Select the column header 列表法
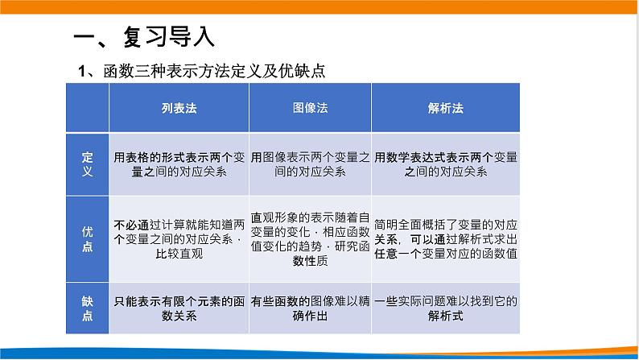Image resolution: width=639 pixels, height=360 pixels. coord(179,107)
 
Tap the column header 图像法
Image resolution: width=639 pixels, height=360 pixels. coord(310,107)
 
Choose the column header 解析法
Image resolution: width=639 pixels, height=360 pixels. coord(445,107)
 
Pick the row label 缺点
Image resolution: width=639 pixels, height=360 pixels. coord(88,308)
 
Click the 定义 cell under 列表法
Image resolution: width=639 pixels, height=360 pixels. coord(179,164)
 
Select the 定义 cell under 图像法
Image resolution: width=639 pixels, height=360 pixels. coord(310,164)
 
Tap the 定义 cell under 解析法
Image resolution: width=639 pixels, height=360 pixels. coord(445,164)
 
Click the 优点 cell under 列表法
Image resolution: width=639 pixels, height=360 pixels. coord(179,239)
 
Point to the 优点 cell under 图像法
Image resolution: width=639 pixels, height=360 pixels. coord(310,239)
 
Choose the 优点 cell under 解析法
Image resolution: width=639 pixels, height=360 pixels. coord(445,239)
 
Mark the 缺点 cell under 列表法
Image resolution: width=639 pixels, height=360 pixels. coord(179,308)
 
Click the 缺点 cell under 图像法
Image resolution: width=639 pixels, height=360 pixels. coord(310,308)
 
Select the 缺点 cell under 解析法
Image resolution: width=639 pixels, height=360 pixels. coord(445,308)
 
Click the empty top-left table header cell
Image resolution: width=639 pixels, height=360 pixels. coord(88,107)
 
